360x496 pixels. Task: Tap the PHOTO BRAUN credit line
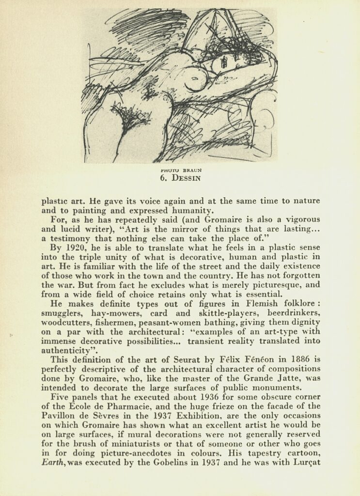[x=180, y=170]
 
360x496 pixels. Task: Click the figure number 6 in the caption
[x=163, y=178]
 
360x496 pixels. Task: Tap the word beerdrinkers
[x=294, y=313]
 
